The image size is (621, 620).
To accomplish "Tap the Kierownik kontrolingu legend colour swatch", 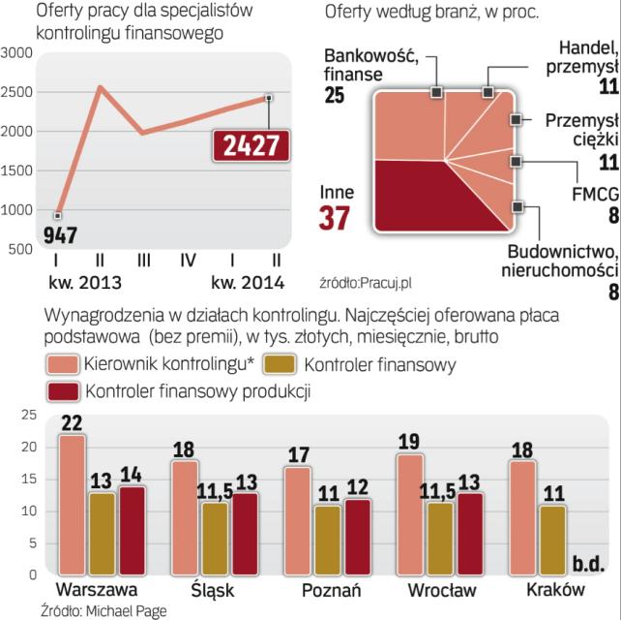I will [x=64, y=365].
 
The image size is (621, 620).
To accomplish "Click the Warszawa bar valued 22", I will [x=71, y=504].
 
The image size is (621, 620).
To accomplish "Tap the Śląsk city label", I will [x=208, y=589].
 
